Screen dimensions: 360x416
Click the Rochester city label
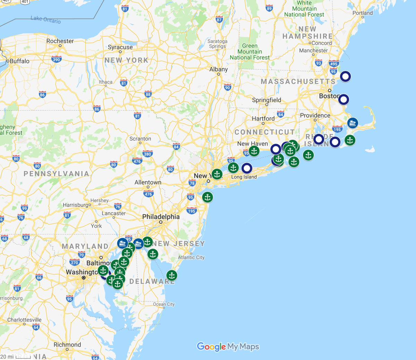60,41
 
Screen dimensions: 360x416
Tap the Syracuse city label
120,47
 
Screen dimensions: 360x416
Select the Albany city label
218,69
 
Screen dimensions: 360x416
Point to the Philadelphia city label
161,217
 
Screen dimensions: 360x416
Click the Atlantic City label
191,257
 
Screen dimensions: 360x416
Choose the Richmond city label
67,345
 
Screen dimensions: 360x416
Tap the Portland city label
362,13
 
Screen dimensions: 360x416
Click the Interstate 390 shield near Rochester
56,59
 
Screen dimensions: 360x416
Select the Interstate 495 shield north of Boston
333,63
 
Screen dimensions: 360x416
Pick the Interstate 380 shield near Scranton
147,154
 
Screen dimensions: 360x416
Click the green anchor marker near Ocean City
172,276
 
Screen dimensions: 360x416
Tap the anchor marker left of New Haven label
254,151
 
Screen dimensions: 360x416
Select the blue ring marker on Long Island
247,169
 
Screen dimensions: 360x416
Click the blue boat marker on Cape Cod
353,123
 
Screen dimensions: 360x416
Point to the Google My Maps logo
228,346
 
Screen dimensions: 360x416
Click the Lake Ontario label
45,19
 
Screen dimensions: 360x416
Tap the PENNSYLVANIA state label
56,174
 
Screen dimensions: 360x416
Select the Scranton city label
140,139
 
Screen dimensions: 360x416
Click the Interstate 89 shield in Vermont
269,8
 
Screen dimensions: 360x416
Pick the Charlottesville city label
24,320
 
